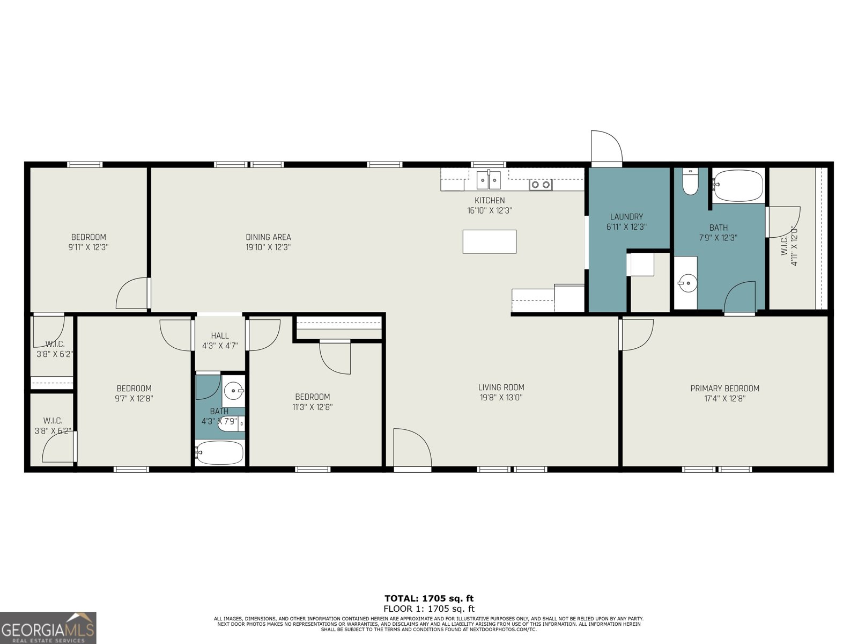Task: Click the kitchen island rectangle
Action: [489, 241]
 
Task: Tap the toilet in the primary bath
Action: [690, 182]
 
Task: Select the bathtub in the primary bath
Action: [738, 186]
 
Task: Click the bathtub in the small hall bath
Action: [220, 452]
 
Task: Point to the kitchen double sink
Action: [489, 180]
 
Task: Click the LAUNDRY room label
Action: [626, 217]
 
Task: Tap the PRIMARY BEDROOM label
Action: [724, 389]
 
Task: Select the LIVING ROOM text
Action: [501, 387]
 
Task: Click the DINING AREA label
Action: [268, 237]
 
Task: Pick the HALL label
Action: [220, 336]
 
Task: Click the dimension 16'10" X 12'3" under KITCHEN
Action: [489, 211]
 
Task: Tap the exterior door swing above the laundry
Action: [606, 147]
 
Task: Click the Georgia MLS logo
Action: [48, 628]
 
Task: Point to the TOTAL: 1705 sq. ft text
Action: [429, 598]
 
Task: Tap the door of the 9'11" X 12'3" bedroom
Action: [132, 294]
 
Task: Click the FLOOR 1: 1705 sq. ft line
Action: [429, 609]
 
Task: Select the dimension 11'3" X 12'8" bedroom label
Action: [312, 407]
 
